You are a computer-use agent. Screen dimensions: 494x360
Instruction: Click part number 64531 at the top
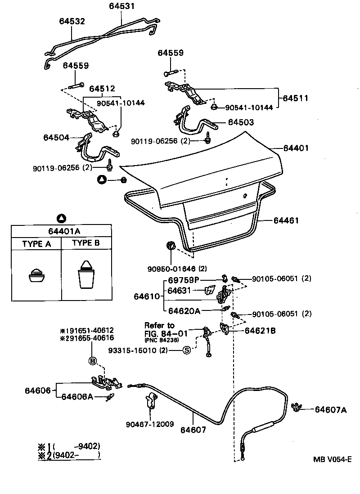point(121,6)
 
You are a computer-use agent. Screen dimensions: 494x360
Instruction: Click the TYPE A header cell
point(36,244)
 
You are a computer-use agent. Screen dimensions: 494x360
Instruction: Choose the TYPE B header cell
point(87,244)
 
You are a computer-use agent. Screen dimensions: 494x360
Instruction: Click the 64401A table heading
point(62,231)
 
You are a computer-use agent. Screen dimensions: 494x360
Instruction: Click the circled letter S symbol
point(186,350)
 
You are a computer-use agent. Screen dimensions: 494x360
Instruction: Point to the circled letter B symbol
point(92,360)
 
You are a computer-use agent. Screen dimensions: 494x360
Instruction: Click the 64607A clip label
point(331,409)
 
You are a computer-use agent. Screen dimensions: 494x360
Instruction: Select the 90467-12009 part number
point(149,424)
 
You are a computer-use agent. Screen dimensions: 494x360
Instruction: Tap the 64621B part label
point(260,331)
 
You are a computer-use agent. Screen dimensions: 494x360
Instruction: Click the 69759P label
point(183,280)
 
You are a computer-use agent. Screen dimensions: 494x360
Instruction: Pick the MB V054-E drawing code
point(332,459)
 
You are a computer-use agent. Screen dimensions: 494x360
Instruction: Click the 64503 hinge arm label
point(241,122)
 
